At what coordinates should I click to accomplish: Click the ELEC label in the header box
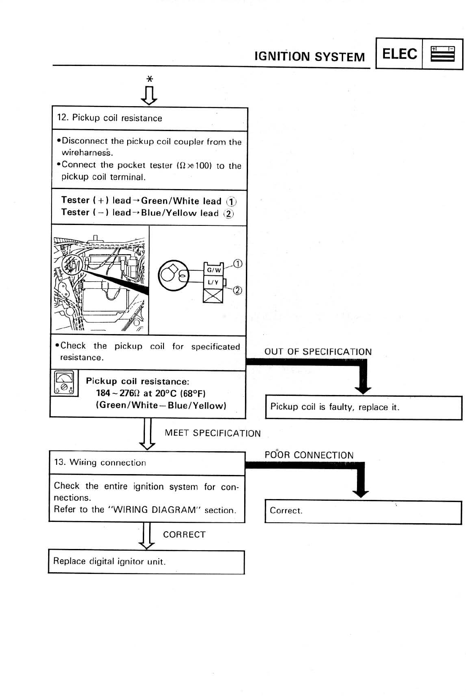tap(399, 54)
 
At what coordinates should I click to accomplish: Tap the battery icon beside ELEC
tap(442, 54)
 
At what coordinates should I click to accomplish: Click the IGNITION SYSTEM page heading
tap(309, 57)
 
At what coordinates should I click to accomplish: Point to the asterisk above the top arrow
tap(149, 79)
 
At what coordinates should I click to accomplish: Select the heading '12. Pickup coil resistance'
tap(109, 118)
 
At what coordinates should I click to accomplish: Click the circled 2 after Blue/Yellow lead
tap(229, 214)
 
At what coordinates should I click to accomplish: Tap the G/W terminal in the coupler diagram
tap(213, 270)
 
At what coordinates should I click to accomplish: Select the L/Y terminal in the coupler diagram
tap(213, 282)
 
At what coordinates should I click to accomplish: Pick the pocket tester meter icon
tap(64, 383)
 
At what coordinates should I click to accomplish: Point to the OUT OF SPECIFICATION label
tap(318, 352)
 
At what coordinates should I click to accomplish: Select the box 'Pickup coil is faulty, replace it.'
tap(363, 407)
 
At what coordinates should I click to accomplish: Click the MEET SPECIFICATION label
tap(213, 433)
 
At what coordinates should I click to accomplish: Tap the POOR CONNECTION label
tap(309, 455)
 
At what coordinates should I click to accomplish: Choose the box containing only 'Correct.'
tap(363, 512)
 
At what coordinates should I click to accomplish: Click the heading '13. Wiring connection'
tap(100, 462)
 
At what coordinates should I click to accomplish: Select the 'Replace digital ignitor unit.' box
tap(146, 562)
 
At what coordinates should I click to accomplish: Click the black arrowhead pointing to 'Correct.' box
tap(360, 493)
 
